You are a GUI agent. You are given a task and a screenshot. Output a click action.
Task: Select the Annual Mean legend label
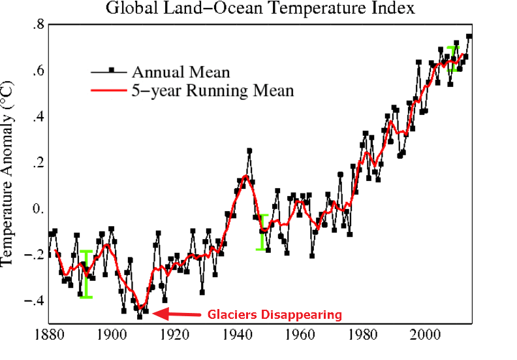point(181,71)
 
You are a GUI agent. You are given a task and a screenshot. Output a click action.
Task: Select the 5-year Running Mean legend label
point(213,90)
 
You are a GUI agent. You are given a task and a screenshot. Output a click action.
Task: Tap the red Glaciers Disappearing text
point(275,315)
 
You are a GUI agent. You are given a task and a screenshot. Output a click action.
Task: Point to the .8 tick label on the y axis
point(37,25)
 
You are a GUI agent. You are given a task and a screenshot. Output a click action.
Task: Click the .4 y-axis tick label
point(37,117)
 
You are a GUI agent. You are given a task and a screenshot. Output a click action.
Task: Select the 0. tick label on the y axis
point(37,209)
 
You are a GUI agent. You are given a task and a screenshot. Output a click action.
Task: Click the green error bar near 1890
point(86,274)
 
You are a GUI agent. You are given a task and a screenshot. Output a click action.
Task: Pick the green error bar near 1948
point(263,232)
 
